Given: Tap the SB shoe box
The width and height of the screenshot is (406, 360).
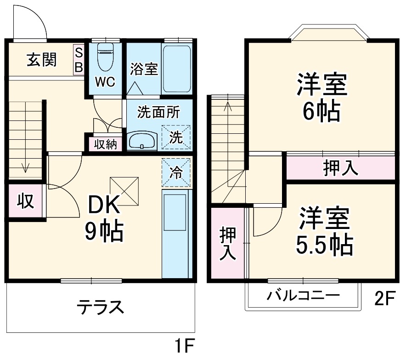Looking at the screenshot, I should pos(79,59).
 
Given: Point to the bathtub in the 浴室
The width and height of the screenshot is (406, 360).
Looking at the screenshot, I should pos(177,69).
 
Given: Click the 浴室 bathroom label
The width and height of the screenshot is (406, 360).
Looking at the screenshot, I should pos(144,69).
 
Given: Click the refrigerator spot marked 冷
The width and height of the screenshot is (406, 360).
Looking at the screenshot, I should pos(176,172).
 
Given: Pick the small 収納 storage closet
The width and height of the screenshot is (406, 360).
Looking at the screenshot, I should pos(106,144).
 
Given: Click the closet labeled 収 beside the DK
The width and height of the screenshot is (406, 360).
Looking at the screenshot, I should pos(26,201).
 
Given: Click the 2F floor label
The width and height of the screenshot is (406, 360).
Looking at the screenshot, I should pos(384,299).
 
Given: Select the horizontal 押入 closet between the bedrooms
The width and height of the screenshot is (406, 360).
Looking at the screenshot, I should pos(340,168).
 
